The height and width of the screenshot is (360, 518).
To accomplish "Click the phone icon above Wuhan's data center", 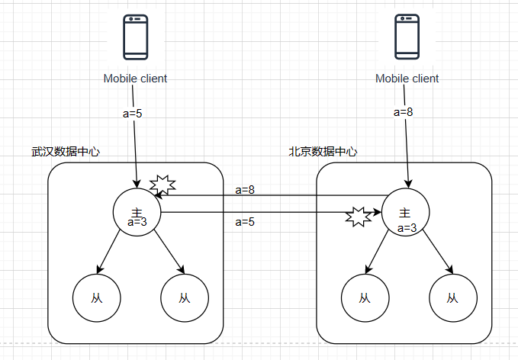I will click(136, 37).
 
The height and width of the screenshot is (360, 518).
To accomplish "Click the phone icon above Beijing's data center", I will click(407, 37).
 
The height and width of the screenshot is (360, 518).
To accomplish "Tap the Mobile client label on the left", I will click(136, 79).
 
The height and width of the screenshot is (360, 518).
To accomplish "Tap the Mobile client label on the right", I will click(407, 79).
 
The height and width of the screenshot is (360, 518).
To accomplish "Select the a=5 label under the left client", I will click(133, 114).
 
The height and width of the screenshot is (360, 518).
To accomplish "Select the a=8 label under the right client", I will click(403, 111).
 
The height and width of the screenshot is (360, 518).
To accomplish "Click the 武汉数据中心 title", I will click(66, 151).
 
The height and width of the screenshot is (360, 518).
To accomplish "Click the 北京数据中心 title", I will click(323, 151).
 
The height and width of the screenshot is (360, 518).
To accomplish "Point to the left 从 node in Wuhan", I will click(96, 297).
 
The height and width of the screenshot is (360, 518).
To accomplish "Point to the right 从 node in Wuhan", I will click(184, 297).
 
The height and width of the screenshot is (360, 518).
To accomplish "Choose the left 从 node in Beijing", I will click(365, 297).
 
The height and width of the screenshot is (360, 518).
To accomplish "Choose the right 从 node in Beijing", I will click(453, 297).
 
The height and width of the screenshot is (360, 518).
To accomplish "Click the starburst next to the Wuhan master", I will click(162, 185).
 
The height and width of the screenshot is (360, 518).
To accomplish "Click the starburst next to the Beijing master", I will click(359, 217).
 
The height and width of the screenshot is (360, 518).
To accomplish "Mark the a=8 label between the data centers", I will click(245, 189).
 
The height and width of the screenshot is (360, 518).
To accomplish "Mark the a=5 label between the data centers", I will click(245, 222).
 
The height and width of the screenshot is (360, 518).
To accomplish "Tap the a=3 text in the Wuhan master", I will click(137, 223).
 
